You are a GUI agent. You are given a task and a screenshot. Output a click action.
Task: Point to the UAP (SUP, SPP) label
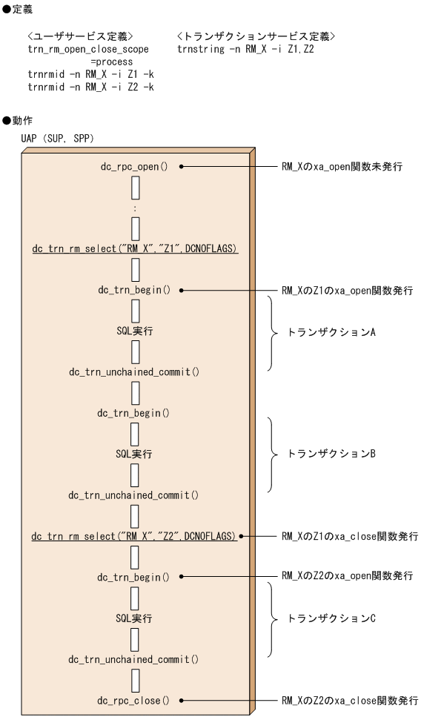pos(58,138)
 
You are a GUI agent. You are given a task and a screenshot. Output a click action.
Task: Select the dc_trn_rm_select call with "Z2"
pos(134,535)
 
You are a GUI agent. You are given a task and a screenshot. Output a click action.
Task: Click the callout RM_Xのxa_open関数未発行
pos(342,167)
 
